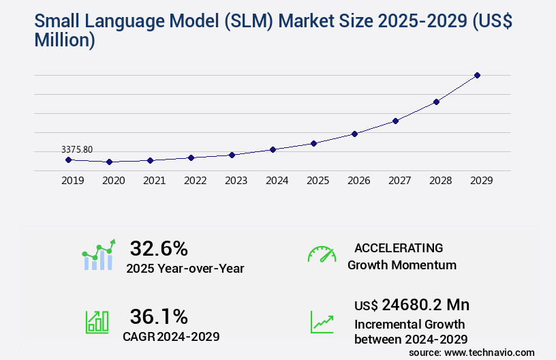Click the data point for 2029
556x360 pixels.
pyautogui.click(x=477, y=75)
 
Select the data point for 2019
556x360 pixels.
pyautogui.click(x=68, y=160)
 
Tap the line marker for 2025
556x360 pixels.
pyautogui.click(x=313, y=143)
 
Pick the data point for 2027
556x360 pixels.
pyautogui.click(x=395, y=121)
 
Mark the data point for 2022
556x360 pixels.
pyautogui.click(x=191, y=157)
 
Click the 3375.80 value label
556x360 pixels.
pyautogui.click(x=77, y=149)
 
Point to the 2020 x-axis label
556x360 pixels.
pyautogui.click(x=113, y=181)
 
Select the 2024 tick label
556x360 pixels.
pyautogui.click(x=277, y=181)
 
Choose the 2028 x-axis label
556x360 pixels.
pyautogui.click(x=440, y=181)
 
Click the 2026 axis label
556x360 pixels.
pyautogui.click(x=358, y=181)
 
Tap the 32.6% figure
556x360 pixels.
pyautogui.click(x=159, y=248)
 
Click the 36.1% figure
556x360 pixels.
pyautogui.click(x=159, y=316)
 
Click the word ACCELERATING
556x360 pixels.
pyautogui.click(x=399, y=248)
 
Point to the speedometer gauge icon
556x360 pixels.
pyautogui.click(x=322, y=254)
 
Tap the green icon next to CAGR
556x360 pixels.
pyautogui.click(x=97, y=322)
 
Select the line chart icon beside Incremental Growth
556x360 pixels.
pyautogui.click(x=322, y=322)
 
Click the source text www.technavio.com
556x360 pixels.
pyautogui.click(x=490, y=352)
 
